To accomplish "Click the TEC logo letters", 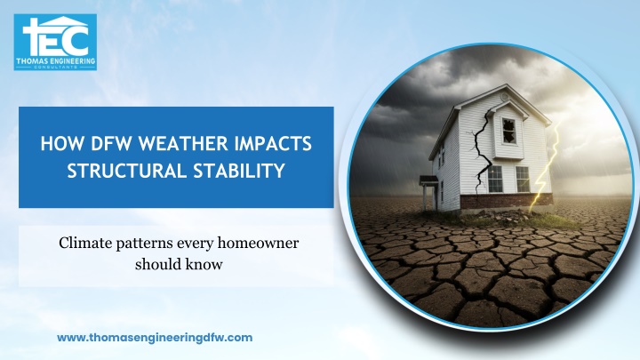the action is tap(55, 36).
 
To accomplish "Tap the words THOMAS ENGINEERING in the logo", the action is tap(55, 61).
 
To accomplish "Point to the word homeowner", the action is tap(258, 243).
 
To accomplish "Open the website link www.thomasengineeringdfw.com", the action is tap(155, 338).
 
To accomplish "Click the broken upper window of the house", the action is tap(508, 131).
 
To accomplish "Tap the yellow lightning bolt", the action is tap(545, 167).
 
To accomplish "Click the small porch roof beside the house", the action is tap(428, 180).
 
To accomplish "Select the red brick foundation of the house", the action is tap(506, 201).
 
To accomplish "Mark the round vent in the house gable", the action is tap(505, 97).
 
